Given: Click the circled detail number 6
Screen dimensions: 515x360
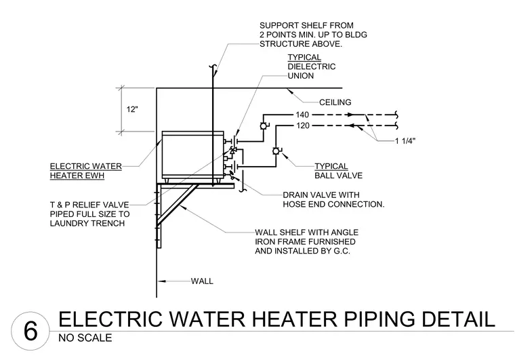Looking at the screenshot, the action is [x=30, y=331].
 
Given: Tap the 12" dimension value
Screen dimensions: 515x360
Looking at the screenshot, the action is [x=132, y=109].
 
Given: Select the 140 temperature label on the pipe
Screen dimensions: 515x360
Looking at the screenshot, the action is [x=302, y=115].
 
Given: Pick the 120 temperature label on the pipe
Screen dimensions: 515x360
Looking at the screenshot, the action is [x=303, y=125].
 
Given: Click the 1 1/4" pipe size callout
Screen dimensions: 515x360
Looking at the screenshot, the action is [x=405, y=141].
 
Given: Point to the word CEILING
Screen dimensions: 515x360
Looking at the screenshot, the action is [x=335, y=102].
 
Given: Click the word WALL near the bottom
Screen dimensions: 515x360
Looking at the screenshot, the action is [x=202, y=281].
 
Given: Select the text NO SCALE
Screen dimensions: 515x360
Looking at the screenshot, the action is [x=85, y=338].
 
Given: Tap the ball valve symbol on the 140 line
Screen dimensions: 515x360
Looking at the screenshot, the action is [x=263, y=126].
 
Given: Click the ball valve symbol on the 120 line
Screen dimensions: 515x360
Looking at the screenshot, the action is [x=276, y=151].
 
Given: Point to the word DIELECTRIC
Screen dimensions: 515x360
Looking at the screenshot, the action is [x=312, y=66].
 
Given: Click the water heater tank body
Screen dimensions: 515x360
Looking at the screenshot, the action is [x=193, y=155].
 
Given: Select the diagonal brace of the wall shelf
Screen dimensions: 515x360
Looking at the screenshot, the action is [x=178, y=205].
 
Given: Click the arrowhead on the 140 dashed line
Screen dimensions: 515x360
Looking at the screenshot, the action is [x=351, y=115].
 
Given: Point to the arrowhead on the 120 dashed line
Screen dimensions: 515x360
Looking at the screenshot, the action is [x=351, y=125].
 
